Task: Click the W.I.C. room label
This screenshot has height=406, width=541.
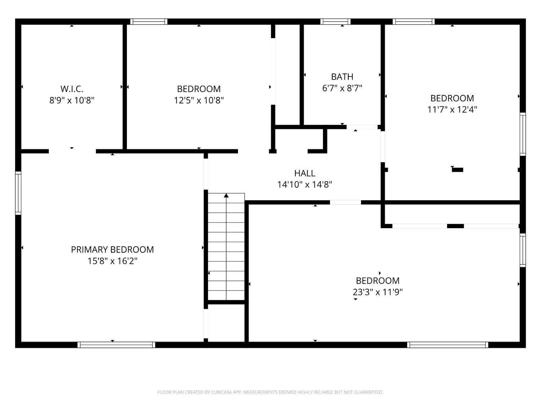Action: click(72, 89)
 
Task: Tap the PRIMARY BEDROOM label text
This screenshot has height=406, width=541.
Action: click(112, 250)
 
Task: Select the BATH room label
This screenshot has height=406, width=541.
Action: click(342, 77)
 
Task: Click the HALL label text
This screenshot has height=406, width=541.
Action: click(304, 173)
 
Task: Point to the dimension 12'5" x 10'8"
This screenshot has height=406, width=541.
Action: click(199, 100)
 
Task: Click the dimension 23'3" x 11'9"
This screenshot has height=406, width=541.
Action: click(377, 292)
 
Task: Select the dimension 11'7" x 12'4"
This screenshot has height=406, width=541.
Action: click(452, 109)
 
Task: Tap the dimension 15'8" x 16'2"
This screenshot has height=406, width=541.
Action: click(112, 261)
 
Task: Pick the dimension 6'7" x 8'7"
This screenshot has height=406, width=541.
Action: click(342, 88)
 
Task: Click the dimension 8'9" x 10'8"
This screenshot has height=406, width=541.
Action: click(72, 100)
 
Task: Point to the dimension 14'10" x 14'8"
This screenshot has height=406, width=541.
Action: click(304, 185)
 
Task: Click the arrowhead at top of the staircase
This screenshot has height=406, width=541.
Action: click(226, 196)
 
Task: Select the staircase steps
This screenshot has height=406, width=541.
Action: click(226, 249)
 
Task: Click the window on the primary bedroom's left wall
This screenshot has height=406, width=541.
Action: click(18, 193)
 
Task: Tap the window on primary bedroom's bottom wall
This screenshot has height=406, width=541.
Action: click(116, 345)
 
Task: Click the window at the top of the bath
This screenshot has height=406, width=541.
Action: click(335, 22)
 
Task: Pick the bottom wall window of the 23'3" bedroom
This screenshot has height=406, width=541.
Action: click(448, 345)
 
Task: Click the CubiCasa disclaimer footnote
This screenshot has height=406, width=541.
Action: click(270, 392)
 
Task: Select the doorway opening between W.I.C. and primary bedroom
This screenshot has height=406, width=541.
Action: click(72, 151)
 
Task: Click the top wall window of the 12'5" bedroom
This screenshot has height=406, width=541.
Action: click(149, 22)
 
